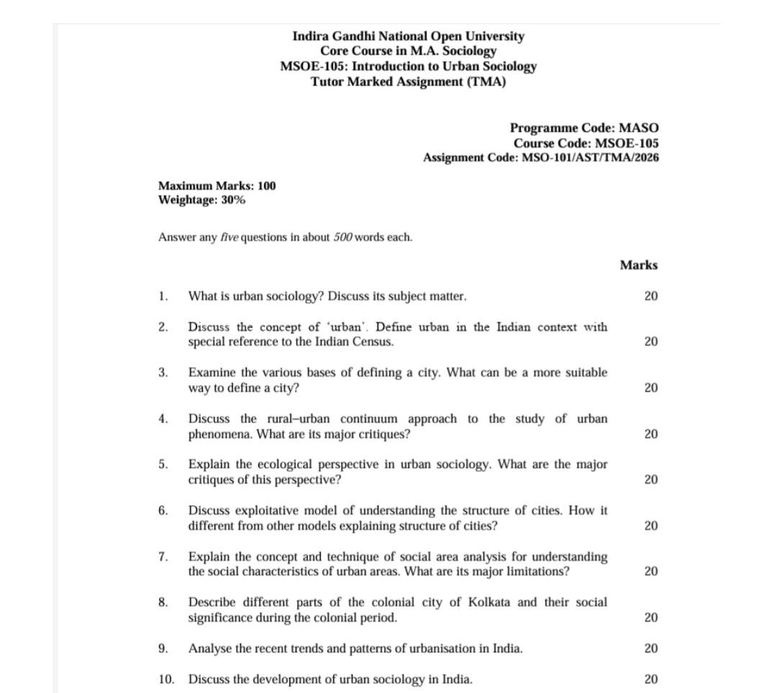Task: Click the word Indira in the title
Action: [309, 36]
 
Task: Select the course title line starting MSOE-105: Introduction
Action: [408, 66]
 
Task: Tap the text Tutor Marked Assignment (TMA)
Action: [408, 81]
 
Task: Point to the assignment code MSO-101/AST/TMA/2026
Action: [590, 158]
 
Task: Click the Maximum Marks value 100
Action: [266, 186]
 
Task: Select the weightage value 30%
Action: [233, 200]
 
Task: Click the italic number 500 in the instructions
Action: [342, 237]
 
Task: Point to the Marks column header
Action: [638, 265]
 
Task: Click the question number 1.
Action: [163, 296]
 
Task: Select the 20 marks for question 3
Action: [650, 388]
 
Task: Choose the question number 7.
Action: [163, 556]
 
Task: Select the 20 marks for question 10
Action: [650, 679]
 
